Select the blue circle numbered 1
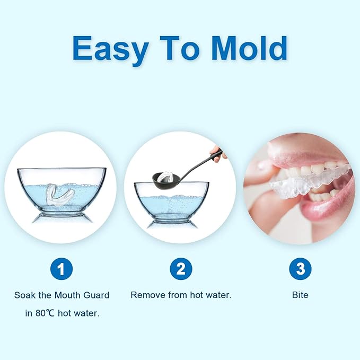tap(62, 269)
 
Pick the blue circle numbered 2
tap(181, 269)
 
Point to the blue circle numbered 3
tap(300, 269)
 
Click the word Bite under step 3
tap(300, 295)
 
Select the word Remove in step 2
tap(146, 295)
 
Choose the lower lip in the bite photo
tap(323, 209)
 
